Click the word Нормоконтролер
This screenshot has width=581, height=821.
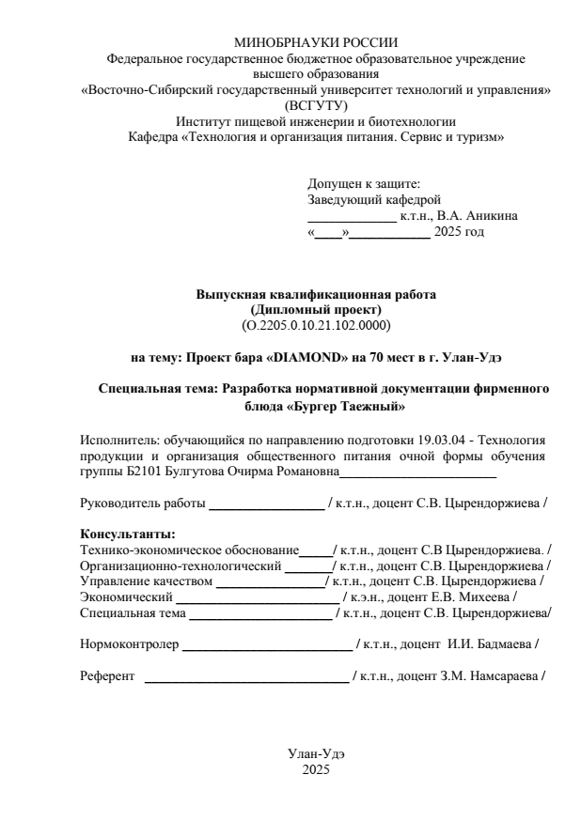128,644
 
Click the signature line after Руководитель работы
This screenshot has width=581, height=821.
266,504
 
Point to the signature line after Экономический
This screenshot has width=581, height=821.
258,597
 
